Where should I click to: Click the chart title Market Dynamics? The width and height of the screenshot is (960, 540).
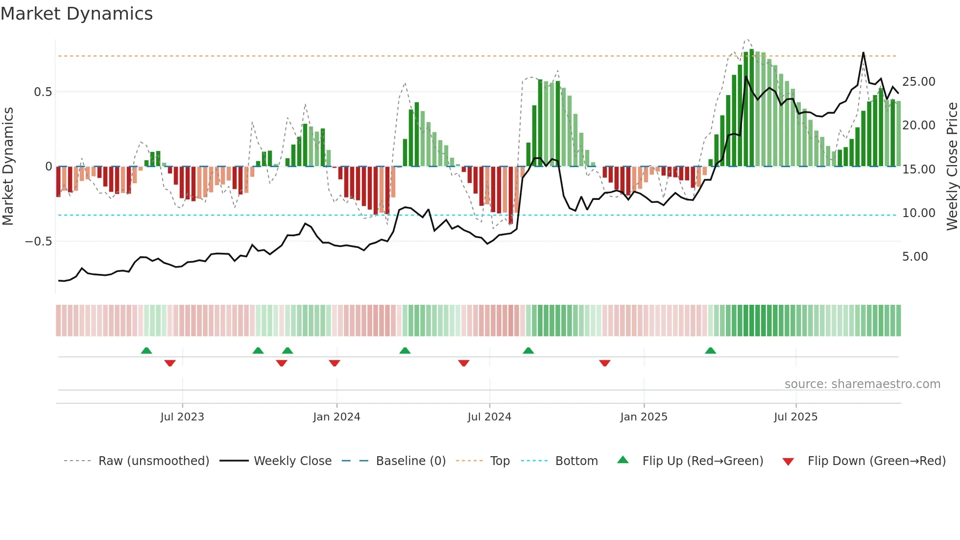coord(76,14)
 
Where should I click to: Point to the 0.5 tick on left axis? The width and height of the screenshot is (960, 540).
coord(43,92)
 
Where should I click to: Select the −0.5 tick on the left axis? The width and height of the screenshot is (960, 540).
coord(39,242)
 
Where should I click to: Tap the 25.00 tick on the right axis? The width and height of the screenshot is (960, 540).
coord(918,82)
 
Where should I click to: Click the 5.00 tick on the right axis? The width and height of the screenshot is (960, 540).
coord(914,257)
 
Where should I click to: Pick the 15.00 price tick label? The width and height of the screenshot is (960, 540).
coord(918,170)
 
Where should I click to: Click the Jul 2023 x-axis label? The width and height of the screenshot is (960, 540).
coord(182,417)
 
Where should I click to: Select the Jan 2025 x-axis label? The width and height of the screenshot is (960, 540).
coord(644,417)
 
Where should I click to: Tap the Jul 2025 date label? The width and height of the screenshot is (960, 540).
coord(795,417)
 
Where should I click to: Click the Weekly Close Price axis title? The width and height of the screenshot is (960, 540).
coord(952,166)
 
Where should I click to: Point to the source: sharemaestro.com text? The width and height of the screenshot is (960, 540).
coord(862,384)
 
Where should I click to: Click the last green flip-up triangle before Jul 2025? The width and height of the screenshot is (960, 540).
coord(710,350)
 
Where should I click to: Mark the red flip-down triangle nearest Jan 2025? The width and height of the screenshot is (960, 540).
coord(604,363)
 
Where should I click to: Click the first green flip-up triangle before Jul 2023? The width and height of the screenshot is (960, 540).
coord(146,350)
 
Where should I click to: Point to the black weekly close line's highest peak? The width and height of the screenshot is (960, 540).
coord(863,53)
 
